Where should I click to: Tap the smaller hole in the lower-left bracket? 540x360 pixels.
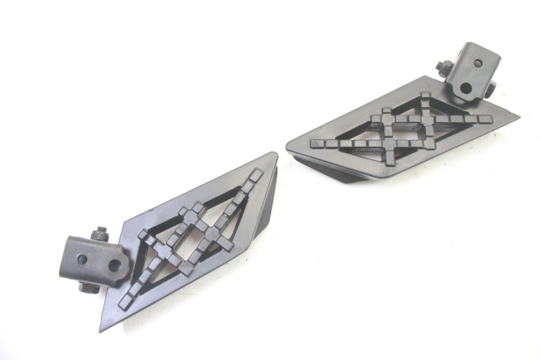click(82, 259)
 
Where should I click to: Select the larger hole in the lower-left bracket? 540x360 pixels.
click(115, 266)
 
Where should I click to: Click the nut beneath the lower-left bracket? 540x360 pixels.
click(88, 288)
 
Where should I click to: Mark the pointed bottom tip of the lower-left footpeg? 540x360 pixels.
click(102, 328)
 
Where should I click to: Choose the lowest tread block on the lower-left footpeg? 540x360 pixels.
click(124, 303)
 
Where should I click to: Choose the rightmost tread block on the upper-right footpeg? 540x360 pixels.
click(484, 119)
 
